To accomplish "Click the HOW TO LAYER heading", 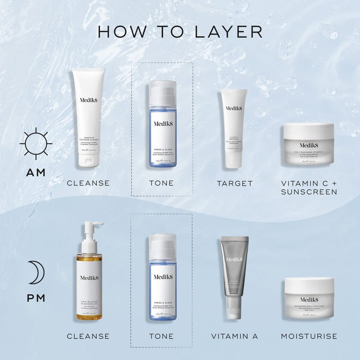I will (180, 31).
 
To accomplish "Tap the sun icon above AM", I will (36, 143).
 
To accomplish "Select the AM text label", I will (36, 172).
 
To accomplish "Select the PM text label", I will (36, 298).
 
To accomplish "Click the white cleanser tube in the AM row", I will (88, 119).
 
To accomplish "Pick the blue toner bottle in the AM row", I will (162, 124).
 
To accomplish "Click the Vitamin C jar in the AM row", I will (308, 145).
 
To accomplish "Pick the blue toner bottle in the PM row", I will (162, 276).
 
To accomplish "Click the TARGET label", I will (235, 183).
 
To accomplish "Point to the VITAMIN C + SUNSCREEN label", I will (310, 187).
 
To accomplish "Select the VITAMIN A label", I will (235, 336).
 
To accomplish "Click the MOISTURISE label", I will (310, 336).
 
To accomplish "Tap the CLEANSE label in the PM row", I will (88, 336).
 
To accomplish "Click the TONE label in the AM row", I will (161, 183).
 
